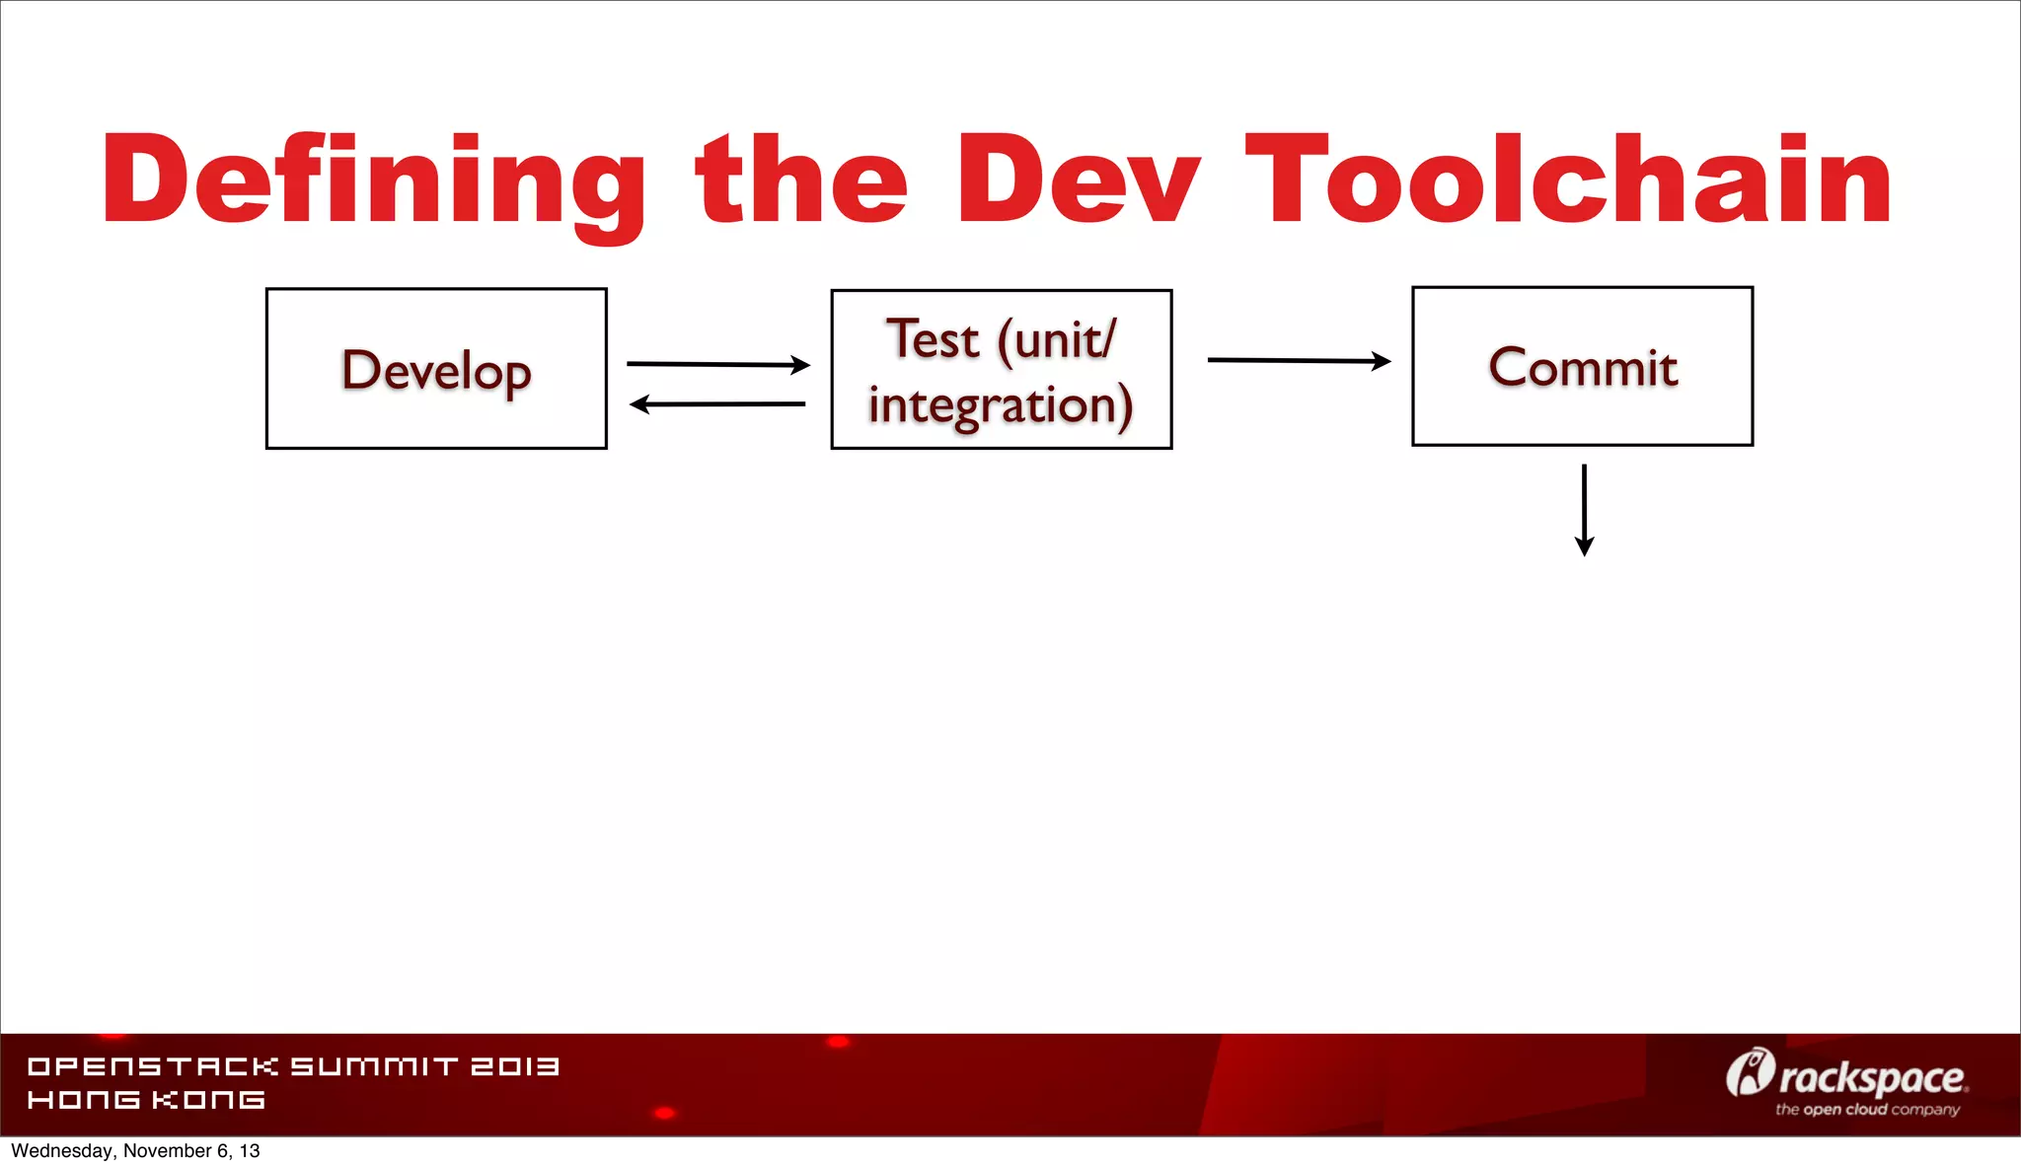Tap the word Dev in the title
tap(1077, 181)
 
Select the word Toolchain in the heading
tap(1568, 181)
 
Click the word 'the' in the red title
tap(801, 181)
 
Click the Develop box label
tap(436, 371)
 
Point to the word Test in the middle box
tap(933, 339)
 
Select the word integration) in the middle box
tap(1001, 405)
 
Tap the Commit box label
tap(1582, 368)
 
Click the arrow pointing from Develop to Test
tap(717, 364)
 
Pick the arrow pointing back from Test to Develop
tap(717, 403)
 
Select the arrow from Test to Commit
tap(1299, 360)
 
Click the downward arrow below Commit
tap(1584, 510)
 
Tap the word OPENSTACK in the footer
tap(153, 1066)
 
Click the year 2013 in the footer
tap(514, 1066)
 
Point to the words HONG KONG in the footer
tap(146, 1100)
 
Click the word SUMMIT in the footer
tap(374, 1066)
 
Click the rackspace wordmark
tap(1872, 1078)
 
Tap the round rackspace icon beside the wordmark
tap(1750, 1073)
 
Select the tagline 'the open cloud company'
tap(1867, 1110)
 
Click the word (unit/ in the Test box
tap(1057, 340)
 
